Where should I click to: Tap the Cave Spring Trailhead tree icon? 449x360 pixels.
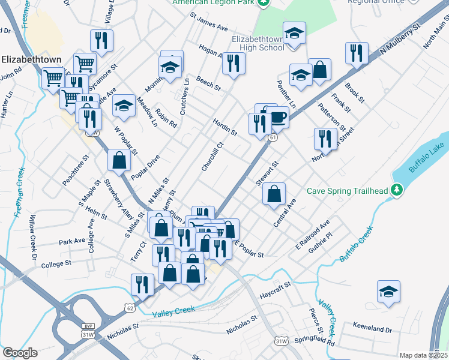pyautogui.click(x=396, y=191)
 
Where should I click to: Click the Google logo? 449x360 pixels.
pyautogui.click(x=20, y=353)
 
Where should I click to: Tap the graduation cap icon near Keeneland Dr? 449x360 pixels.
pyautogui.click(x=388, y=292)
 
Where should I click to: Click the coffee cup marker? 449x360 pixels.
pyautogui.click(x=278, y=116)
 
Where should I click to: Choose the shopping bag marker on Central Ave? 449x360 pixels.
pyautogui.click(x=274, y=194)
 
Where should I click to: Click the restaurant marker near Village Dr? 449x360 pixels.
pyautogui.click(x=101, y=41)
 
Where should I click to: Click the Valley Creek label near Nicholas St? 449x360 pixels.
pyautogui.click(x=174, y=313)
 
